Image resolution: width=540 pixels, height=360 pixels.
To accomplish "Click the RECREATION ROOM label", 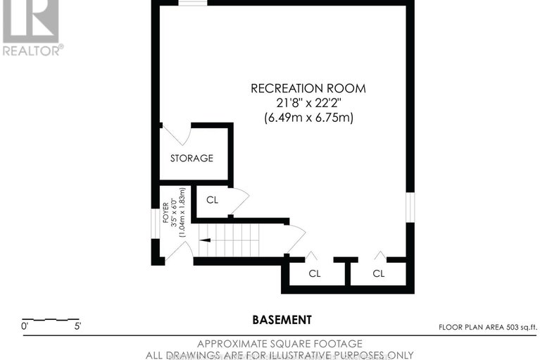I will click(308, 89).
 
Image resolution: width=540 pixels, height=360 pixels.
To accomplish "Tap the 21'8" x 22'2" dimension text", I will click(308, 104).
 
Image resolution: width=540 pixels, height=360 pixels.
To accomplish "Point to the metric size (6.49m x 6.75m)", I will click(308, 118).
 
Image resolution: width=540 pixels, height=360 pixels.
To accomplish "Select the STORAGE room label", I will click(191, 159).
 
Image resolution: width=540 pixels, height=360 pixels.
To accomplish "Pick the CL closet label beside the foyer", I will click(212, 200).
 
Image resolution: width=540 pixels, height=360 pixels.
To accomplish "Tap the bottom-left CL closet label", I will click(314, 273).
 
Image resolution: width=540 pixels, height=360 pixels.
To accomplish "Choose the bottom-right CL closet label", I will click(379, 273).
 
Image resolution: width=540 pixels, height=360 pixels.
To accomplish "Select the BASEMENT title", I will click(282, 320).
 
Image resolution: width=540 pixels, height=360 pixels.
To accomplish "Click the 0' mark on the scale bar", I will click(26, 327).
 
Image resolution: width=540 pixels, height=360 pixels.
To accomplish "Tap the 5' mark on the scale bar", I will click(75, 327).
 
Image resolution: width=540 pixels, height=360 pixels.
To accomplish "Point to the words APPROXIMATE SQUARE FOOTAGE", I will click(280, 343).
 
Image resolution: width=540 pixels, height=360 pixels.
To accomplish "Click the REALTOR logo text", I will click(32, 50).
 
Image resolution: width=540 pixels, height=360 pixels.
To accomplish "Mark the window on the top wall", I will click(192, 3).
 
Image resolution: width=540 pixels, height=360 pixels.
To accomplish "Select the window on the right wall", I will click(410, 209).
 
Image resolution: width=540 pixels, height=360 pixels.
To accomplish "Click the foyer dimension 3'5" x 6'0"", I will click(174, 212).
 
